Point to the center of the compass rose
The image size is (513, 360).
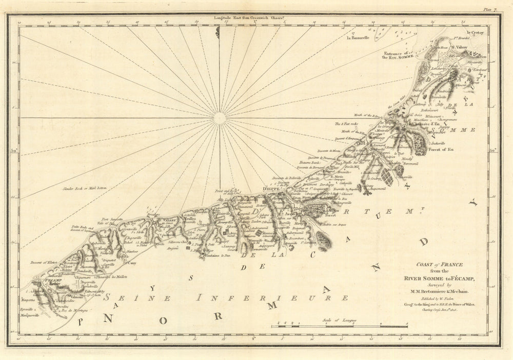tap(219, 118)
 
